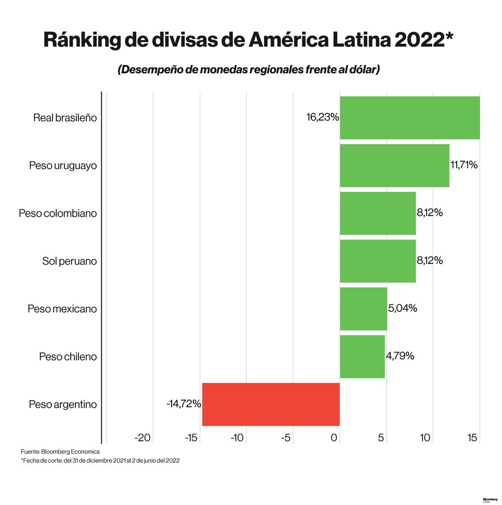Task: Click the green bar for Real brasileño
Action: [x=410, y=117]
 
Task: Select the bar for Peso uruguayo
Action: [x=394, y=165]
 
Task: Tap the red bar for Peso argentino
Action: [x=271, y=404]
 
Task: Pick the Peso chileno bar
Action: [x=362, y=356]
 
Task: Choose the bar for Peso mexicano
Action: [x=363, y=309]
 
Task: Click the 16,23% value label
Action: [x=323, y=117]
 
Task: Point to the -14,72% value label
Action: [x=184, y=404]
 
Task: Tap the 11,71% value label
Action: [x=464, y=165]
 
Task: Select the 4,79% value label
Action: [x=400, y=356]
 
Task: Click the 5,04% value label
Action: [x=403, y=308]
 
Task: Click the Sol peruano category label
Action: [x=69, y=261]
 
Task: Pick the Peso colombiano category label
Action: [x=58, y=213]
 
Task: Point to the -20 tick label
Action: [x=143, y=438]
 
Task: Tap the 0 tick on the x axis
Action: [x=335, y=438]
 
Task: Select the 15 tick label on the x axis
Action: [x=472, y=438]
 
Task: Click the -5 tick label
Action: [x=286, y=438]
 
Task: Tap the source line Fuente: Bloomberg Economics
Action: [x=60, y=452]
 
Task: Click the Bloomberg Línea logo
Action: [x=489, y=500]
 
